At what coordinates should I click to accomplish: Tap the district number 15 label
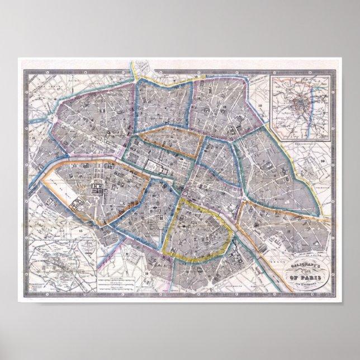(x=82, y=229)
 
